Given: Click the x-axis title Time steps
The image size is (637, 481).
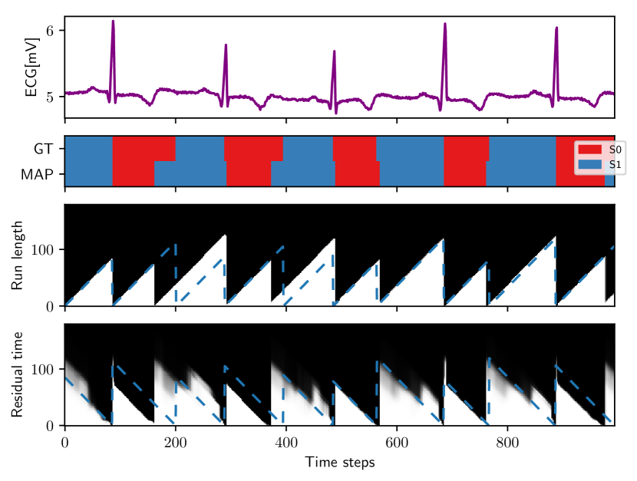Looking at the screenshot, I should point(339,463).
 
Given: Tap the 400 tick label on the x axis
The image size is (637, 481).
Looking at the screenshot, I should point(285,443).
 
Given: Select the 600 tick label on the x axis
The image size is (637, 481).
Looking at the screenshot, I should point(396,443).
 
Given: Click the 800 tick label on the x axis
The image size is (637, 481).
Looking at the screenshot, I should point(507,443).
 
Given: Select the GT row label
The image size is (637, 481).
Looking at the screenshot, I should point(43,149).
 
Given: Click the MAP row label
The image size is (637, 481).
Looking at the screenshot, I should point(38,174).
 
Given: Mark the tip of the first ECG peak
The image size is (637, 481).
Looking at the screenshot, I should point(113,21).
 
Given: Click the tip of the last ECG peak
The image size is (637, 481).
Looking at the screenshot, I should point(556,28).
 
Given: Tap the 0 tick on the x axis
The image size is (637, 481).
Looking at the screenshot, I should point(64,443).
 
